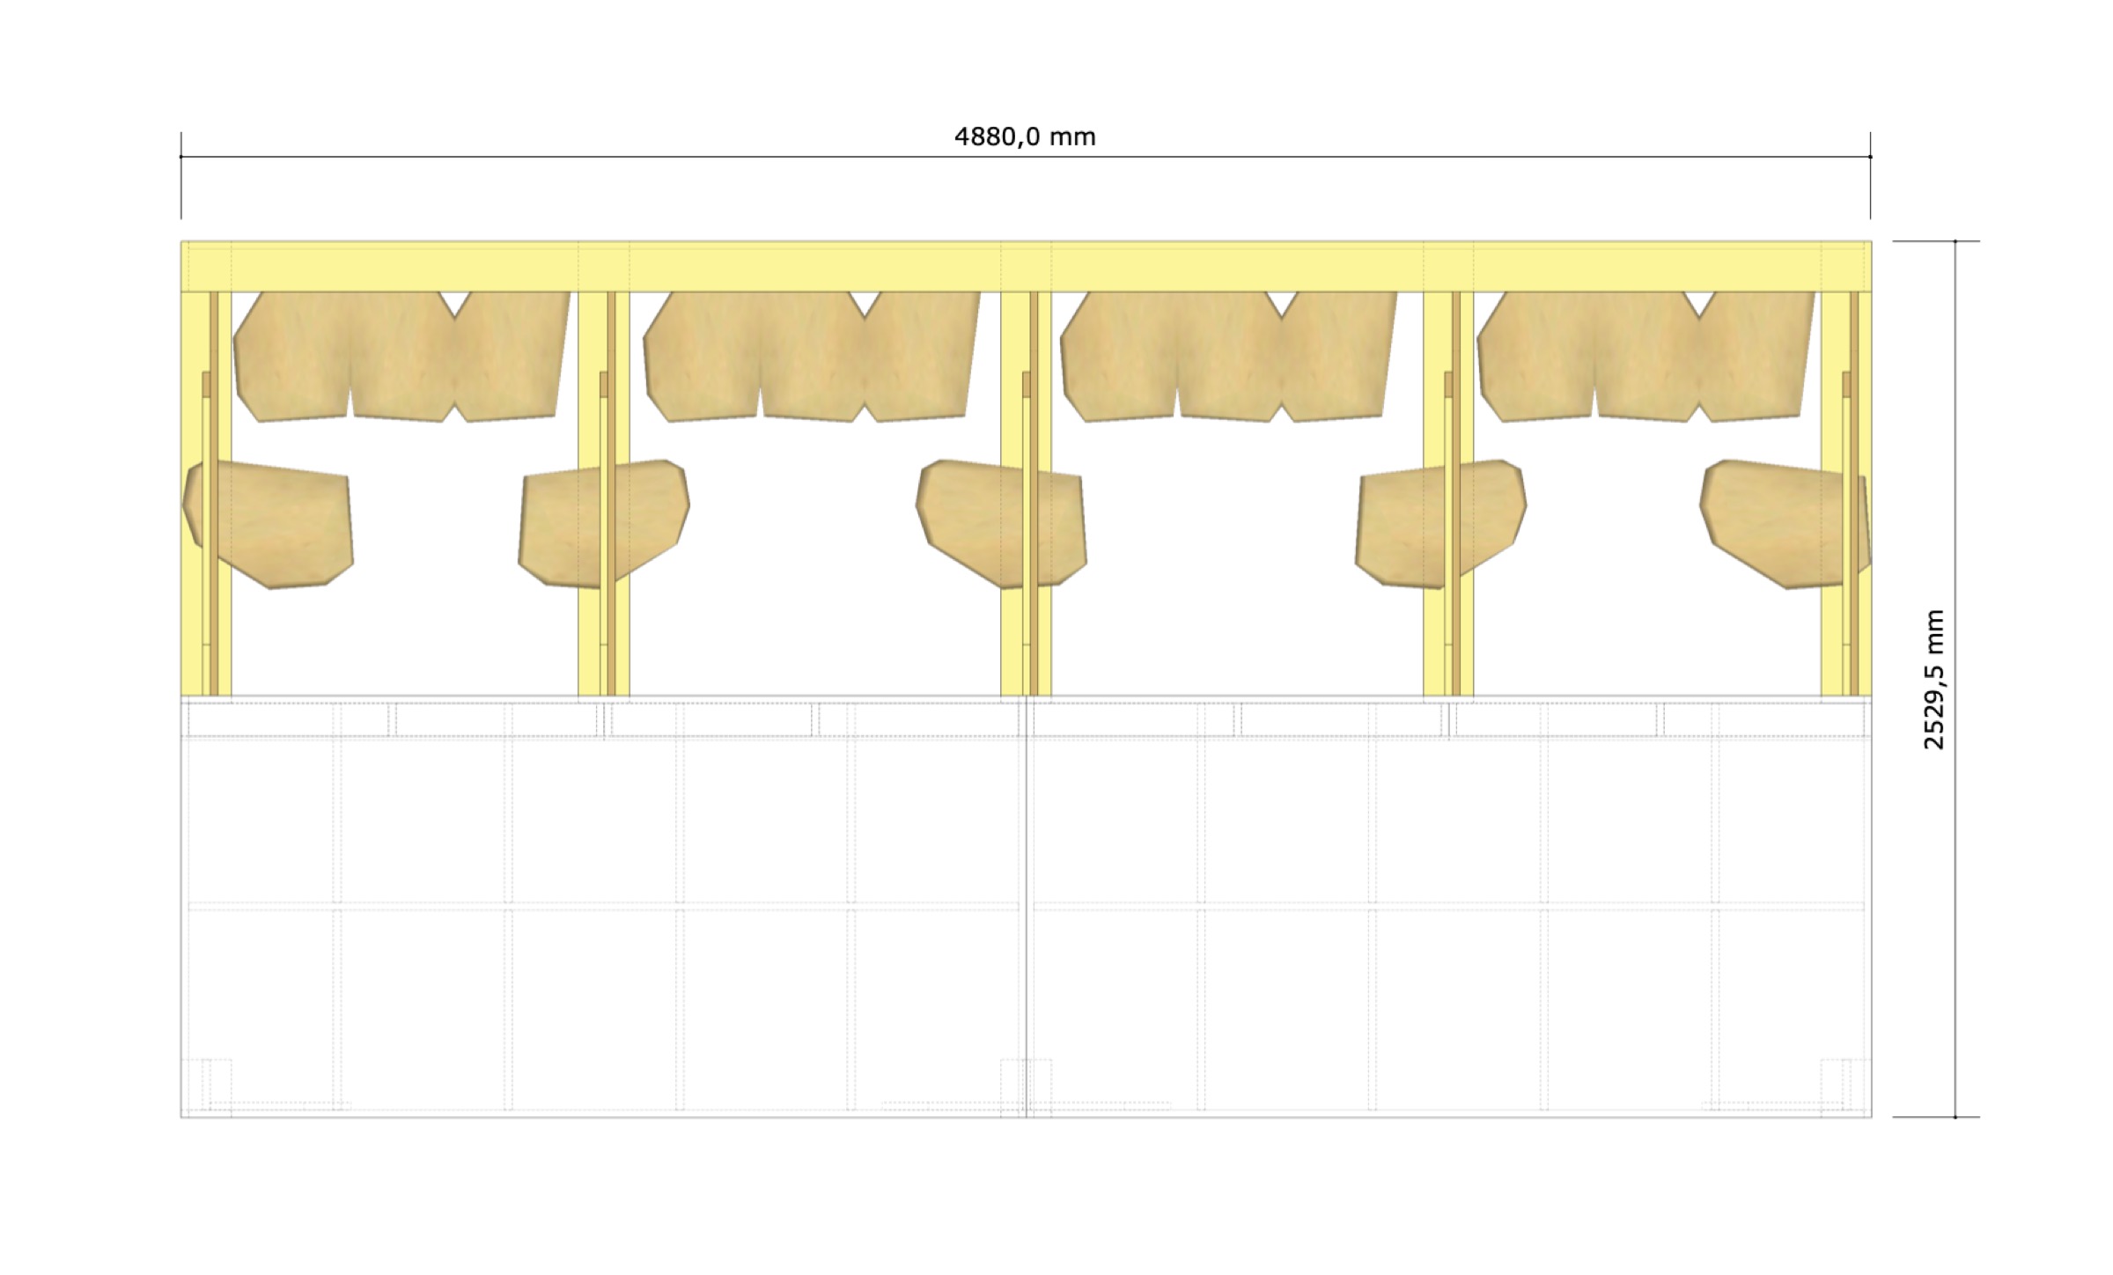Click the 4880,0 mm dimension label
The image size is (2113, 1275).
[1025, 137]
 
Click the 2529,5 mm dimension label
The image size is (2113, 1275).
[1934, 679]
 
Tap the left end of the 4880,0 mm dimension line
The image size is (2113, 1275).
[181, 157]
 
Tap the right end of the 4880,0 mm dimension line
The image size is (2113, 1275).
[1870, 157]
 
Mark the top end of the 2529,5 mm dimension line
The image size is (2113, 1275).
[1955, 241]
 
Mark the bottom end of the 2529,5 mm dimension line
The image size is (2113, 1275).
[1955, 1117]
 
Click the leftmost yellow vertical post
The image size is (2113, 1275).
[206, 493]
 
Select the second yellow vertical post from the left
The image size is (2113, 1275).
[604, 493]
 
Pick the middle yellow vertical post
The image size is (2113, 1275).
[1026, 493]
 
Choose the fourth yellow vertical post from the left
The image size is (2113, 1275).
[1448, 493]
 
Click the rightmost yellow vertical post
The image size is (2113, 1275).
[1846, 493]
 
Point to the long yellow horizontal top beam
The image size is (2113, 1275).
[1027, 266]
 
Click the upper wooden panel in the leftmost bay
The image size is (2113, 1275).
[401, 357]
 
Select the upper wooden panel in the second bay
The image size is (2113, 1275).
[812, 357]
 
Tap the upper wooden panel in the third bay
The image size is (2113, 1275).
[1228, 357]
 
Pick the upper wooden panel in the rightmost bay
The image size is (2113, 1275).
[1645, 357]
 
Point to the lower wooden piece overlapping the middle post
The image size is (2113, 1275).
[1002, 523]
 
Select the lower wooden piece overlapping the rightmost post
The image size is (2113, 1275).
[1785, 525]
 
